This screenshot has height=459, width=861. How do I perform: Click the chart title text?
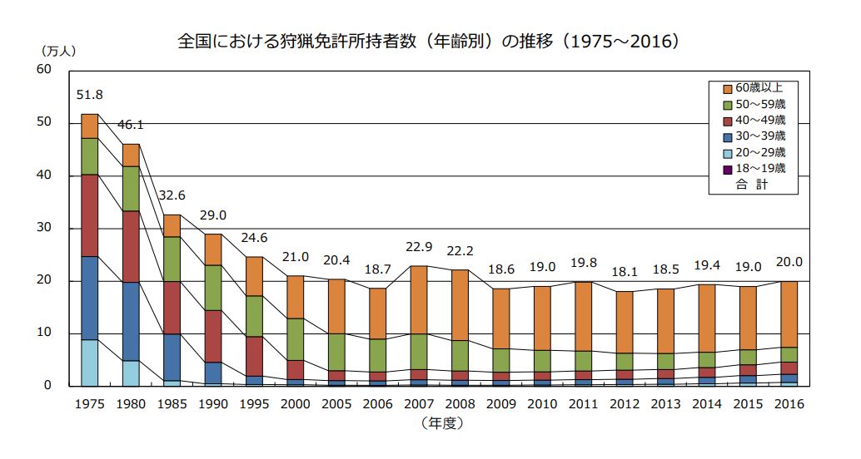(430, 41)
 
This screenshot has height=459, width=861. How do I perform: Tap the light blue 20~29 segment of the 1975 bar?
(90, 363)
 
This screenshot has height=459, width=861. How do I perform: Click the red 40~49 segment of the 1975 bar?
(90, 215)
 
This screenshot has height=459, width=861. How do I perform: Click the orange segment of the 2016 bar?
(789, 314)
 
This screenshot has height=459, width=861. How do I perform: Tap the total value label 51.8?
(89, 95)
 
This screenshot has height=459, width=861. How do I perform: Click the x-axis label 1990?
(214, 405)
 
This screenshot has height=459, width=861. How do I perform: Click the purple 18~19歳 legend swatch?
(726, 168)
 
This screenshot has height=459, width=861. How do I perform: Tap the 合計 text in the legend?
(751, 184)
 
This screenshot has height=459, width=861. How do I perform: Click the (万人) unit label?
(56, 51)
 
